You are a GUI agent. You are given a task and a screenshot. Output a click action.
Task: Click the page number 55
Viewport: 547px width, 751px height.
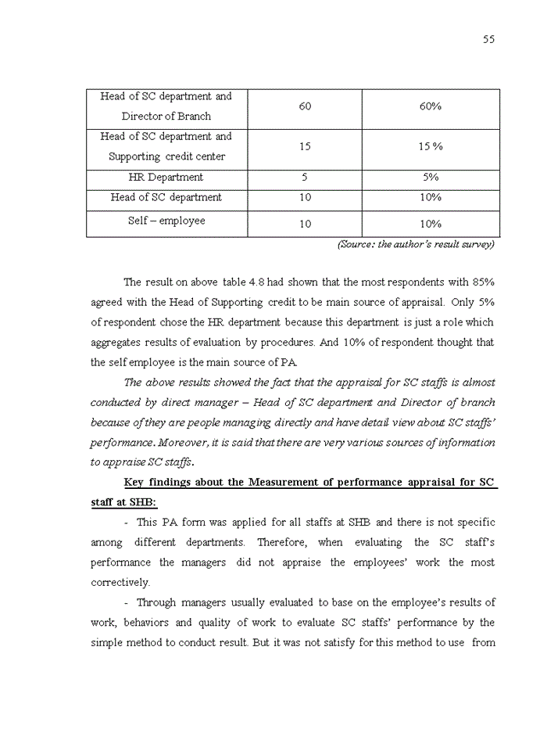pos(488,40)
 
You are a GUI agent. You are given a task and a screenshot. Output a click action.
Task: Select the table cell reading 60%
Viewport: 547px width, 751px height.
pos(431,106)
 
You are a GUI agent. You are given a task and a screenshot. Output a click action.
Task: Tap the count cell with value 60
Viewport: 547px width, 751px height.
pos(305,106)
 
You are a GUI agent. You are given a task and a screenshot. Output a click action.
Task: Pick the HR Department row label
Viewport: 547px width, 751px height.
pos(166,178)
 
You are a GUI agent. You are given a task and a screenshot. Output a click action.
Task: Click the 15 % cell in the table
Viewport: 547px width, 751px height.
pos(431,147)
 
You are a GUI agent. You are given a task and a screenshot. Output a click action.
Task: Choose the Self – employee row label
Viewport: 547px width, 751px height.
pos(166,221)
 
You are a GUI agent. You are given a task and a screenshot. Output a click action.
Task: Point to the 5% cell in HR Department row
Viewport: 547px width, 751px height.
pos(431,178)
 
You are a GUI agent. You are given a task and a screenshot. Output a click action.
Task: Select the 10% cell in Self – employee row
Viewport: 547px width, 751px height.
pos(431,225)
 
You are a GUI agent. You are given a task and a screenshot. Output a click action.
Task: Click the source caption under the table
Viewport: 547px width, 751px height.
pos(416,244)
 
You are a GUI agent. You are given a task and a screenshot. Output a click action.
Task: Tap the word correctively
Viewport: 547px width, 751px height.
pos(120,583)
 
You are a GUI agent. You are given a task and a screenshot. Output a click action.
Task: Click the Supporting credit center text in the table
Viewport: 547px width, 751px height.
pos(166,156)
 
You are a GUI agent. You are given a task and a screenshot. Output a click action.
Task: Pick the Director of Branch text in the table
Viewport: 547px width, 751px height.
pos(166,117)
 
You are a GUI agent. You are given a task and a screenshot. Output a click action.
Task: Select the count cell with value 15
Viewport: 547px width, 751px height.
pos(305,147)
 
